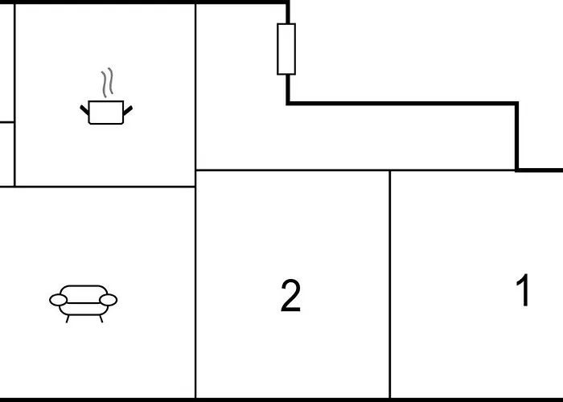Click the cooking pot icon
point(106,113)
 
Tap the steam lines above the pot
point(107,83)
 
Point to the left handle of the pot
point(84,110)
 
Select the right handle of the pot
point(128,110)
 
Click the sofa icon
point(84,304)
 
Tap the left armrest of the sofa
point(58,300)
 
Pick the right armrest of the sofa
point(108,300)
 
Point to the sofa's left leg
point(68,319)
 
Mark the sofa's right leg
point(101,318)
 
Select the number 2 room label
point(290,296)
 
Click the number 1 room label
point(523,289)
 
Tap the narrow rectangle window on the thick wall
point(286,49)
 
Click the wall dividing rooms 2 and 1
point(390,284)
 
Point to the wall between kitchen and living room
point(97,187)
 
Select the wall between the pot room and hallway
point(195,86)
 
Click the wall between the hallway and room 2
point(293,170)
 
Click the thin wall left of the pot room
point(14,95)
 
